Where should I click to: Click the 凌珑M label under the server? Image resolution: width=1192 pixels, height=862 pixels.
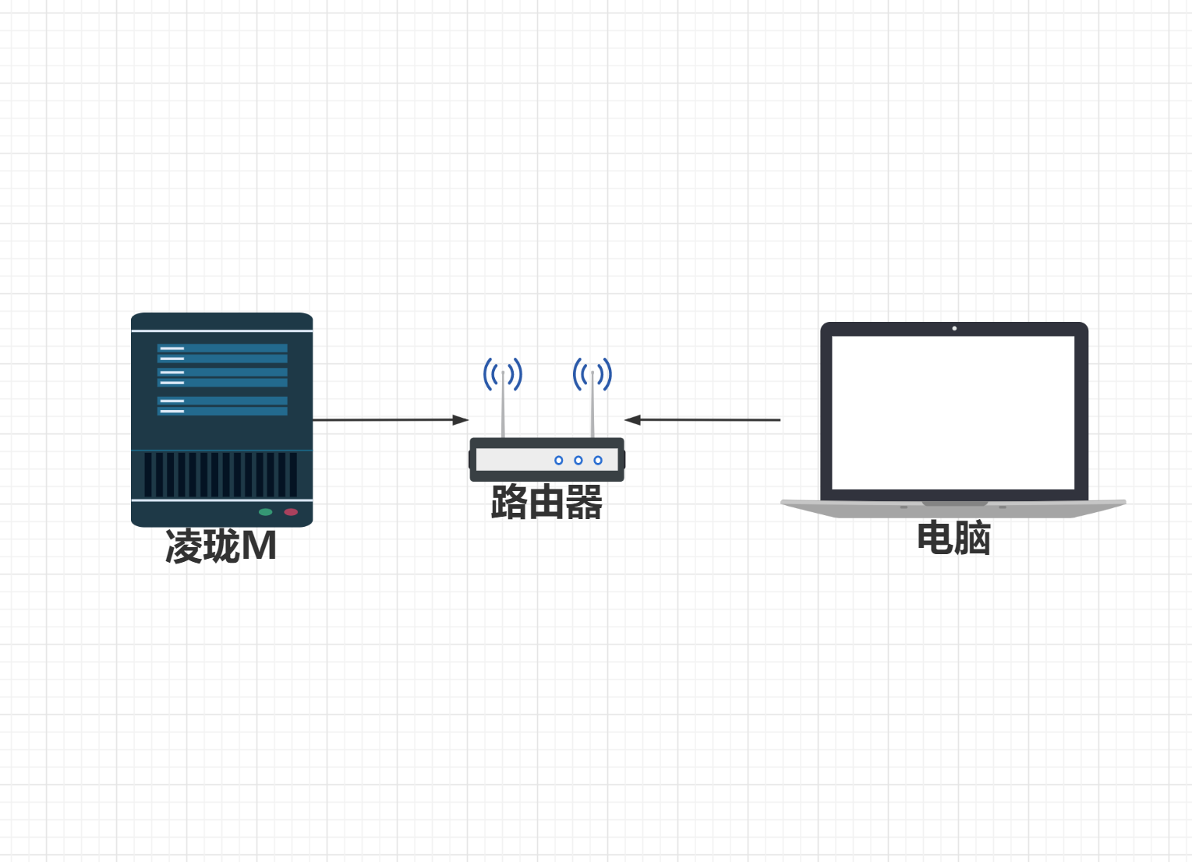click(221, 546)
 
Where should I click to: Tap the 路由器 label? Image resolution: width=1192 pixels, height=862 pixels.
click(546, 502)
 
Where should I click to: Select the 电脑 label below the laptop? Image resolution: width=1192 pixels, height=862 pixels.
click(953, 539)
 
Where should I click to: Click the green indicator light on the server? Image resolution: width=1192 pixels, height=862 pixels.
click(265, 512)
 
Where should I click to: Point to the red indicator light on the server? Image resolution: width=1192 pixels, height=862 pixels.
click(291, 512)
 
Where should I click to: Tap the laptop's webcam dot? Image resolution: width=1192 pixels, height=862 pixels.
click(954, 328)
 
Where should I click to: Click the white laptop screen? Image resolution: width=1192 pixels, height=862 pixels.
click(953, 413)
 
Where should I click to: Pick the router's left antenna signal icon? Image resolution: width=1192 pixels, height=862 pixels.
click(503, 375)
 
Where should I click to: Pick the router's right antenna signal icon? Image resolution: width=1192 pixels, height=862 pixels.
click(592, 375)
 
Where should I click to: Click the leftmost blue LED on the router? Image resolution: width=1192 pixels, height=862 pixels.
click(558, 461)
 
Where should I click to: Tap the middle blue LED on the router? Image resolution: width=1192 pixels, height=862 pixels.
click(578, 461)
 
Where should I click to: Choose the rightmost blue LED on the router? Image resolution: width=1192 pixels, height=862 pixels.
click(598, 461)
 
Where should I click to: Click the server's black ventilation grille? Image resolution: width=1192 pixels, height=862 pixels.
click(221, 475)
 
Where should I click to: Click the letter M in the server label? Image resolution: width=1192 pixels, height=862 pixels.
click(259, 546)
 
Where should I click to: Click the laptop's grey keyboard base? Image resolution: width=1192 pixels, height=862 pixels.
click(953, 509)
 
